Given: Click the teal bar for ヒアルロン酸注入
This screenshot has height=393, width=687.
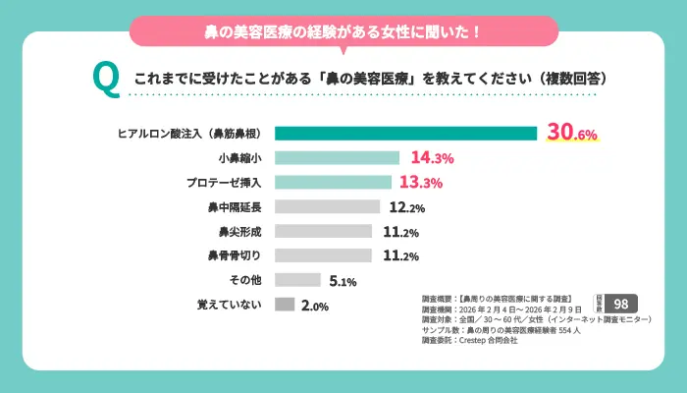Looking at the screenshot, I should (x=405, y=134).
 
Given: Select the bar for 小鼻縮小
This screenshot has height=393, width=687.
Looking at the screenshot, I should (x=337, y=157).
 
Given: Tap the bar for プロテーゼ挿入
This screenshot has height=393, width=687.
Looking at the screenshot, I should (x=333, y=182).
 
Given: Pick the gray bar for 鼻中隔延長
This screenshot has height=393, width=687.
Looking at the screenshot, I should (x=327, y=206).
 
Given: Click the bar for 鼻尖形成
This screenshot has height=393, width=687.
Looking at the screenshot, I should (x=323, y=231).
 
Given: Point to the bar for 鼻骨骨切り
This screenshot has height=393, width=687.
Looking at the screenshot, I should (x=323, y=255).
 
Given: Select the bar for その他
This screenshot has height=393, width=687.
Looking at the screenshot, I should (x=297, y=280).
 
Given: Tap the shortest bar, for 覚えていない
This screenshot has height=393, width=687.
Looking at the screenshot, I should (x=285, y=305).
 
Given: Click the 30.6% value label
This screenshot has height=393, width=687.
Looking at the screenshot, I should (x=572, y=135).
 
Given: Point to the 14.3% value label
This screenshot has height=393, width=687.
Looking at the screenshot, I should (x=431, y=158).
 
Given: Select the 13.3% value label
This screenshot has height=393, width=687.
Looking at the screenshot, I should (x=421, y=183).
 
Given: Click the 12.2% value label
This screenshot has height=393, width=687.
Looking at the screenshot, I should (x=406, y=207).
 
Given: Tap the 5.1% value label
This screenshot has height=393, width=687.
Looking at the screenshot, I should (x=343, y=281).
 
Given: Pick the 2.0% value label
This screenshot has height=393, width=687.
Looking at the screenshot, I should (x=314, y=306).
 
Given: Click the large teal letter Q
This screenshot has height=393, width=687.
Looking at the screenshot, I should (x=105, y=78).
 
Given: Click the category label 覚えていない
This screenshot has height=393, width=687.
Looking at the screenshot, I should (x=230, y=306).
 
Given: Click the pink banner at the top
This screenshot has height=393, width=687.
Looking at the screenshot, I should (x=343, y=31).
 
